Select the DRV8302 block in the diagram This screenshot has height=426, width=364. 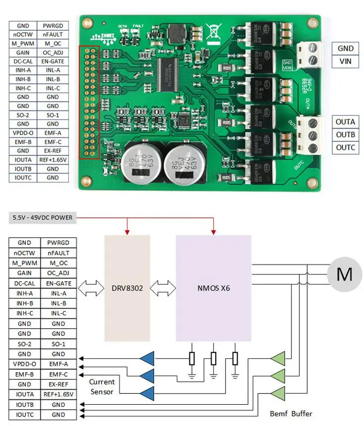[127, 287]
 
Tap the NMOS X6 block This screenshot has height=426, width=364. [213, 287]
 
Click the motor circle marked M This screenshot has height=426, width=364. [344, 274]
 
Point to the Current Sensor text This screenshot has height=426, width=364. [102, 386]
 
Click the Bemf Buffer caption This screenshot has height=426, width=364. [291, 413]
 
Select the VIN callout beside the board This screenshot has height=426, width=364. [345, 60]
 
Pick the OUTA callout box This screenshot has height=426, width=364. [345, 122]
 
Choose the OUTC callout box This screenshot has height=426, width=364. [345, 147]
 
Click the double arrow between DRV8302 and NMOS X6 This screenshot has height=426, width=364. [163, 287]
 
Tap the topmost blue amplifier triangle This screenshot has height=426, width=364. [147, 358]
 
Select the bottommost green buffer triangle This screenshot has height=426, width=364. [278, 393]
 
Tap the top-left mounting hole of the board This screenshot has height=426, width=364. [87, 23]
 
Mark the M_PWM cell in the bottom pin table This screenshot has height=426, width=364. [23, 262]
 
